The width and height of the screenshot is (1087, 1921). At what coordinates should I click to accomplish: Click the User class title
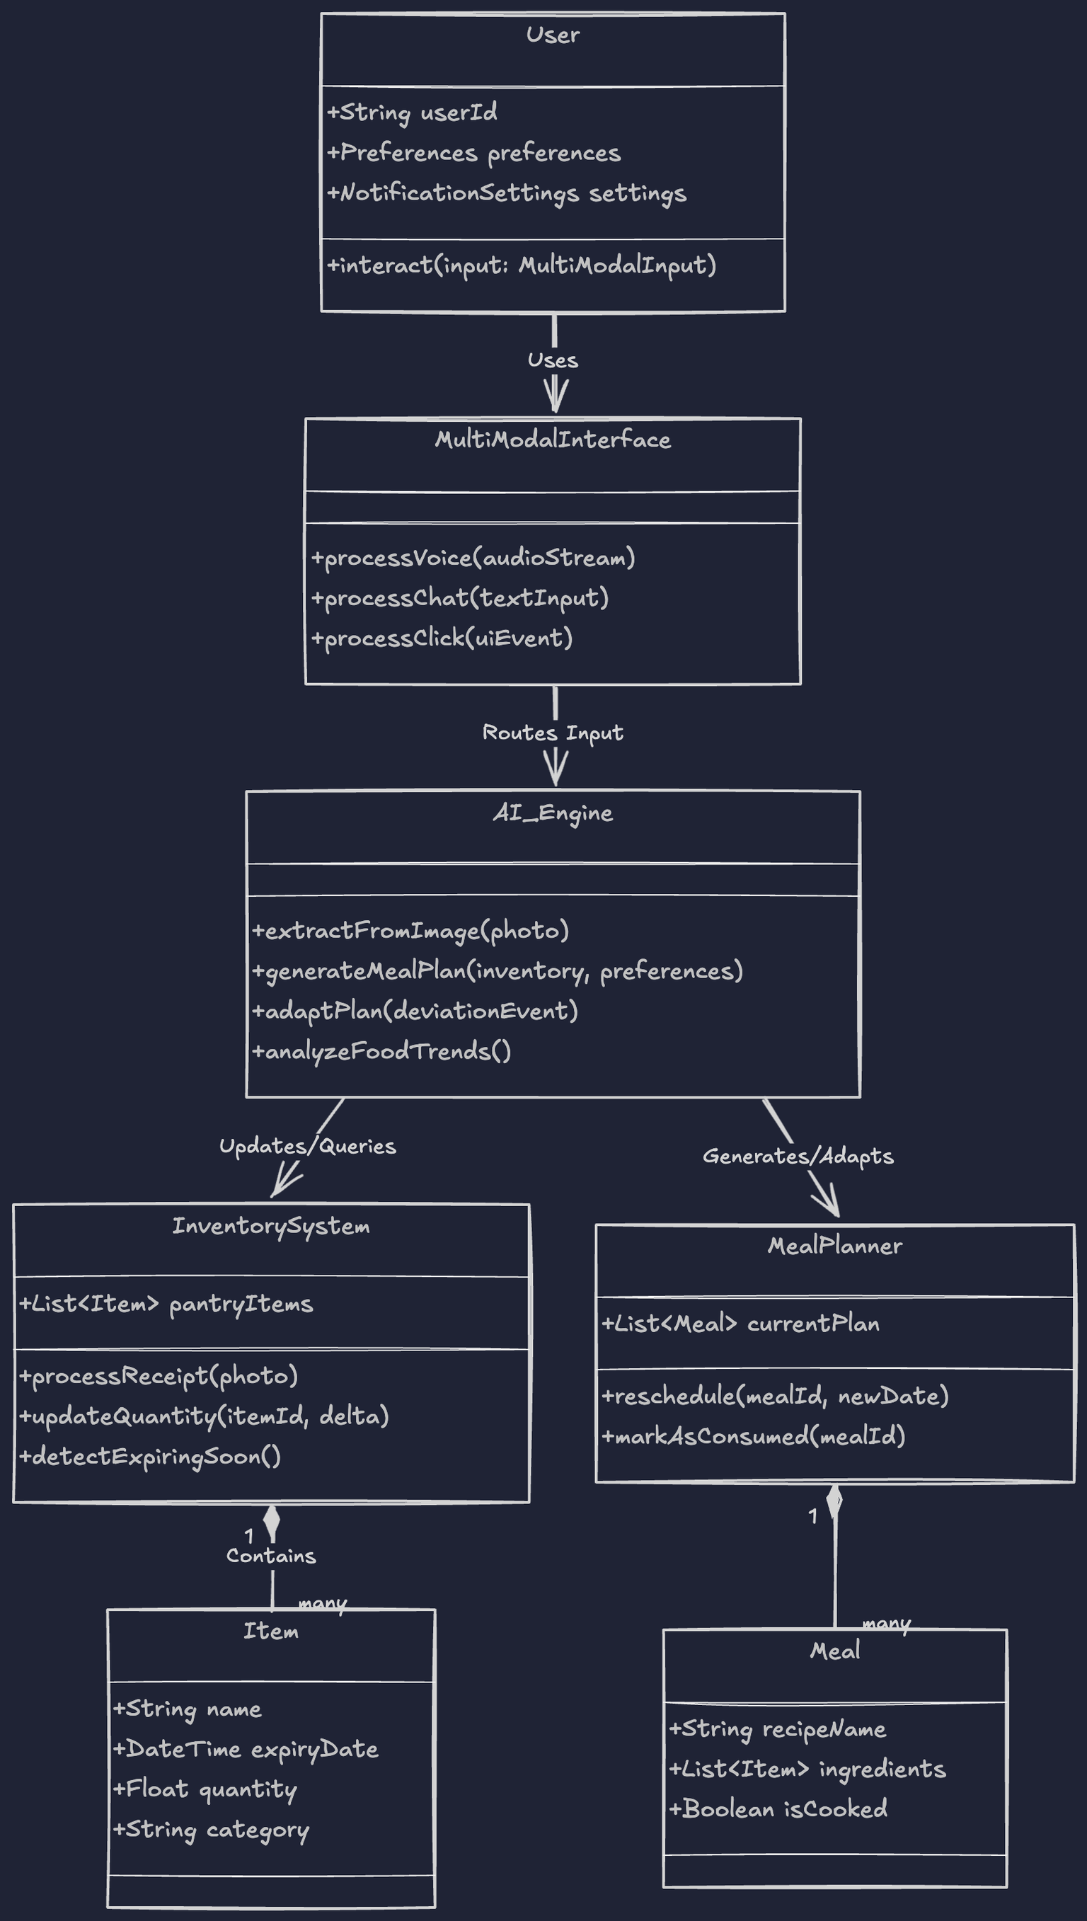(x=553, y=35)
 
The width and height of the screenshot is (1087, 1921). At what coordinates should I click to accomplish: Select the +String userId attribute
(x=412, y=113)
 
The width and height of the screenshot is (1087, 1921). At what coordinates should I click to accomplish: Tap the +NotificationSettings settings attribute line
(x=506, y=193)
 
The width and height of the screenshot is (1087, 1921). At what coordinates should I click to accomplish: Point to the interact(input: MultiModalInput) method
(x=521, y=265)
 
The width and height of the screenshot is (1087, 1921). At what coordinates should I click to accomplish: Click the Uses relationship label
(x=553, y=360)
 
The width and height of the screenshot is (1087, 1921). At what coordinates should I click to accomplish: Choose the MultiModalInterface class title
(x=553, y=440)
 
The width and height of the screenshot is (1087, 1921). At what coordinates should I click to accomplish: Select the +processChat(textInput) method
(x=460, y=598)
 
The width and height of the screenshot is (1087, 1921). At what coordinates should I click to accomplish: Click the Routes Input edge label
(x=553, y=733)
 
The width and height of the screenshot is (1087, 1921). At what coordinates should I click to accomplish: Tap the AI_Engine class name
(x=553, y=813)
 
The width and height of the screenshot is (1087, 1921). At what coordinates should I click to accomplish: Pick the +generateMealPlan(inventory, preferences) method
(x=498, y=971)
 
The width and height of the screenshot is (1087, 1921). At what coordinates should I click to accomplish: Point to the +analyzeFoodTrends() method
(x=381, y=1051)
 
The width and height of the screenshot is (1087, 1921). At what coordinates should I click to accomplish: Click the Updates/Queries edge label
(x=308, y=1146)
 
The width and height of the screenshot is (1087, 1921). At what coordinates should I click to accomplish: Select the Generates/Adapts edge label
(x=798, y=1156)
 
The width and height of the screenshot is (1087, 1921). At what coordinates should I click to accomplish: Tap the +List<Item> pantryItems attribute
(x=166, y=1304)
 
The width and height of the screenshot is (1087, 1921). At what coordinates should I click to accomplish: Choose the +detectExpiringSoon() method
(x=150, y=1457)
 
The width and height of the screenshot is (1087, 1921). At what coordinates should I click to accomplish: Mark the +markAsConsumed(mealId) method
(x=753, y=1435)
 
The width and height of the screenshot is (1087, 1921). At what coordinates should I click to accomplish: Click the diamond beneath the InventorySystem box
(x=272, y=1523)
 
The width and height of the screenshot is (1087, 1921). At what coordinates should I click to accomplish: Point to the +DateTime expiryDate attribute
(x=246, y=1749)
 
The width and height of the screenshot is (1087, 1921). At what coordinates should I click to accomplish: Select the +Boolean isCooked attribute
(x=778, y=1809)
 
